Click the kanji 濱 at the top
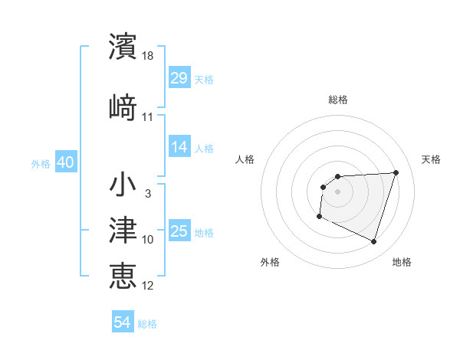pos(123,47)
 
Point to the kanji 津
pos(123,230)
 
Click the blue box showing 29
pos(179,78)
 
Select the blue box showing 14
pos(179,147)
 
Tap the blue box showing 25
pos(179,231)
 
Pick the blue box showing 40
pos(65,163)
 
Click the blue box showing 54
pos(123,323)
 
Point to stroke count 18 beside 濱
pos(149,56)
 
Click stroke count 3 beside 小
pos(147,194)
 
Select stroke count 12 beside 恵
pos(148,285)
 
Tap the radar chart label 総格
pos(337,100)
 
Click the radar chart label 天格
pos(431,159)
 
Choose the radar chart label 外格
pos(270,262)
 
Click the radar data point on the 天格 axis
pos(396,172)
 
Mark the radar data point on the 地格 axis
pos(373,242)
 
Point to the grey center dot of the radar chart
pos(337,191)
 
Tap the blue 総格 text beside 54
pos(147,324)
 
